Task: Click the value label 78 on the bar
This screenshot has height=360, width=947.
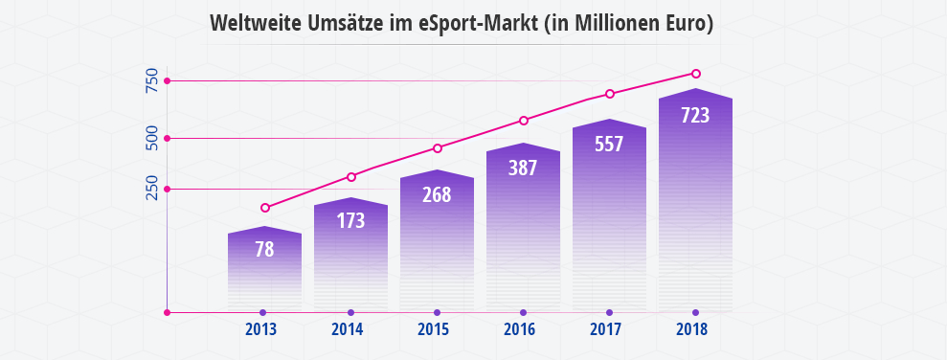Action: click(x=264, y=250)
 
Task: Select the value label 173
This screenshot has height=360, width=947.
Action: click(x=350, y=221)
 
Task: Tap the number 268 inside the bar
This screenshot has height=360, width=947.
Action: click(x=437, y=194)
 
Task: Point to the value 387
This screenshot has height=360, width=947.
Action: click(x=523, y=168)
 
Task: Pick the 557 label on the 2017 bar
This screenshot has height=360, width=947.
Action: click(x=609, y=145)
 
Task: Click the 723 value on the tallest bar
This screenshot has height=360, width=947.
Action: click(x=695, y=116)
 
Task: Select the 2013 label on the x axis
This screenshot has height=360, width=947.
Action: click(x=261, y=330)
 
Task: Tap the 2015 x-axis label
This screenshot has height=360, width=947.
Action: click(x=435, y=330)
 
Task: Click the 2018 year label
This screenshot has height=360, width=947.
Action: click(x=691, y=330)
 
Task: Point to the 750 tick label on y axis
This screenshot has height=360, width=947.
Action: click(x=151, y=81)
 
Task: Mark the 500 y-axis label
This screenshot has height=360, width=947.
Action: click(x=151, y=138)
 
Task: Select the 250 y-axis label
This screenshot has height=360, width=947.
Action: click(x=151, y=189)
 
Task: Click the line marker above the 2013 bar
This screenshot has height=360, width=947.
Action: click(x=265, y=208)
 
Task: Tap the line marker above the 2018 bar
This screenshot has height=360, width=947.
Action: click(x=696, y=74)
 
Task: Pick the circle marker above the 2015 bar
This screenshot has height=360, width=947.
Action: click(x=438, y=148)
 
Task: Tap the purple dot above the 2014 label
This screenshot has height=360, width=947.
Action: click(x=350, y=312)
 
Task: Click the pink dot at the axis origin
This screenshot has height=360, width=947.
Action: click(x=168, y=312)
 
